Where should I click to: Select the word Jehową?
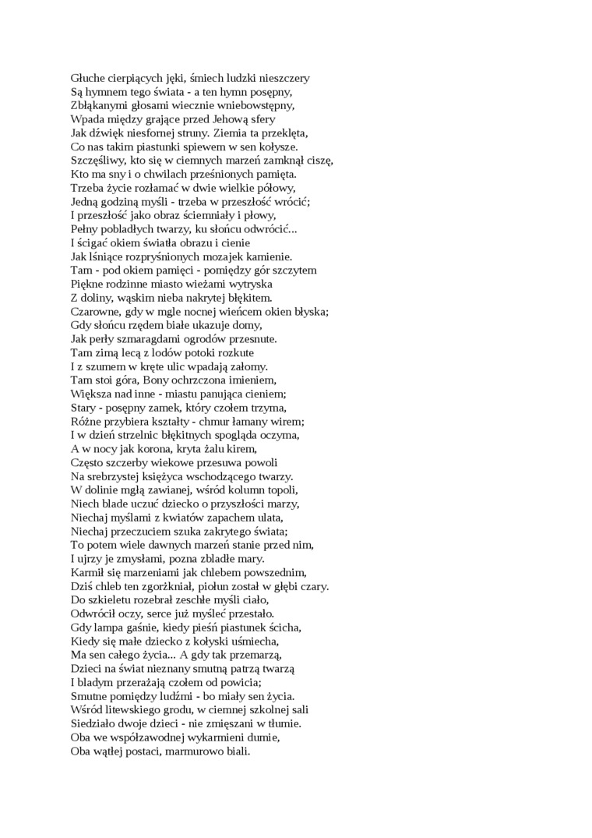coord(229,118)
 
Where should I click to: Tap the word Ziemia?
coord(217,133)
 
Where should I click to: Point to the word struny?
coord(177,133)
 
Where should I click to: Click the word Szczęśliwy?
coord(99,160)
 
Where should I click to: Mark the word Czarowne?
coord(97,311)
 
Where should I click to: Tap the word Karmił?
coord(88,571)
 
